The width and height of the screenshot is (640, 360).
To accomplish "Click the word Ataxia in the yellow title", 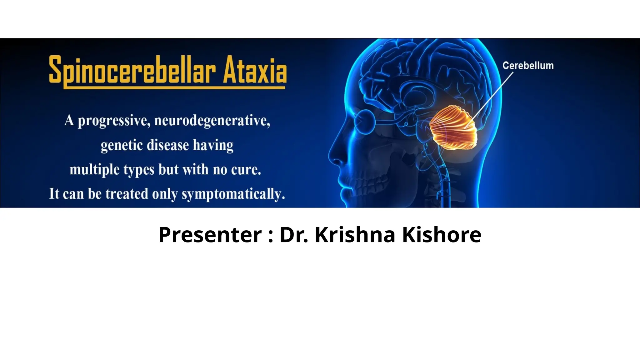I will tap(255, 70).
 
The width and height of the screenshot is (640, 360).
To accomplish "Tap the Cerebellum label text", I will tap(528, 66).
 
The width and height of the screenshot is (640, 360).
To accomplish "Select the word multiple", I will tap(94, 170).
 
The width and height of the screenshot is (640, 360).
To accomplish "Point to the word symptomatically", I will tap(233, 194).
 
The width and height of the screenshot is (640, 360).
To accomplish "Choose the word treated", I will tap(127, 194).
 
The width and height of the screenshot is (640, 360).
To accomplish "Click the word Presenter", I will tap(210, 235).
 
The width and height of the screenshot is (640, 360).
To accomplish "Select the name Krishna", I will tap(355, 235).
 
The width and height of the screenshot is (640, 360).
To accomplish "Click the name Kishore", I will tap(442, 235).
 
